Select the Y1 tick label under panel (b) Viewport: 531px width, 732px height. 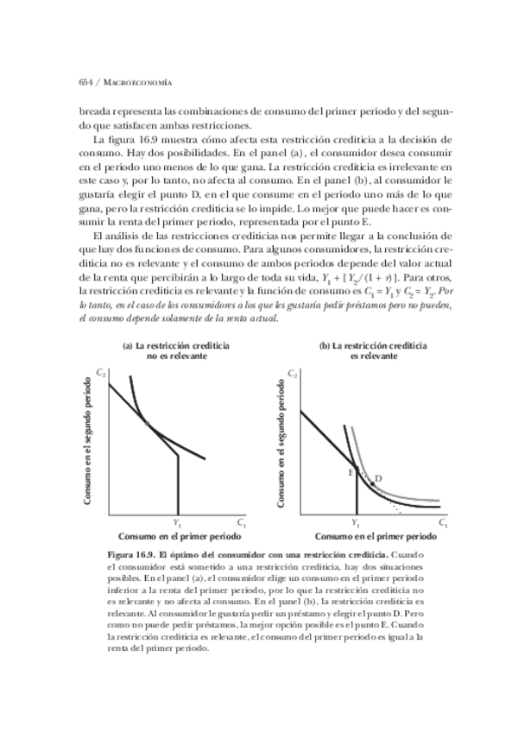(x=357, y=523)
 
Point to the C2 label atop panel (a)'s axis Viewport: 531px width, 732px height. (x=100, y=372)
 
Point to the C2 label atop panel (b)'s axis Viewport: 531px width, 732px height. (x=294, y=374)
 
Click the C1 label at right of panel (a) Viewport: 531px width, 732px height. (x=241, y=523)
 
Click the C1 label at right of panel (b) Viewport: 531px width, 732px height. (x=441, y=523)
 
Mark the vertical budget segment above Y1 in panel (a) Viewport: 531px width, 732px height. (x=178, y=483)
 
